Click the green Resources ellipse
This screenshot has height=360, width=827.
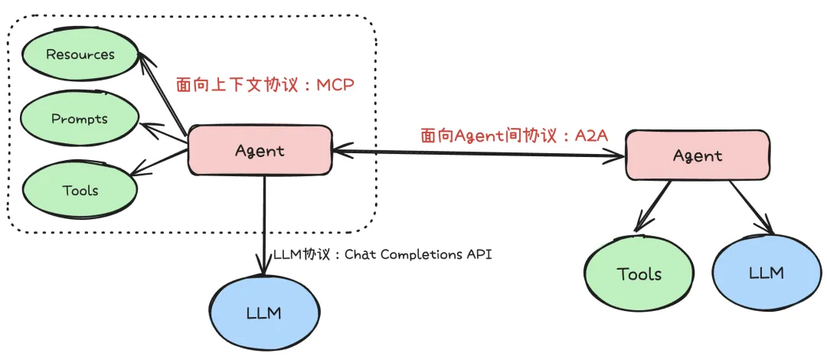click(x=80, y=55)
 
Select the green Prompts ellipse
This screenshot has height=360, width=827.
click(x=80, y=119)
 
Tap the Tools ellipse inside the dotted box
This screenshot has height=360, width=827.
click(x=80, y=189)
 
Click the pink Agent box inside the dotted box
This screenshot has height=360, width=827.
click(x=260, y=150)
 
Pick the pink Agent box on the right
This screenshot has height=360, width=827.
click(x=698, y=155)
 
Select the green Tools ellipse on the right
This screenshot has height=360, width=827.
click(x=639, y=274)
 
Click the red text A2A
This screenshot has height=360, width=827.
click(x=593, y=136)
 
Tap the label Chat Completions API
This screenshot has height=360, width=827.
click(x=417, y=254)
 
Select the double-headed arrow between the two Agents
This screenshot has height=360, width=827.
click(x=479, y=154)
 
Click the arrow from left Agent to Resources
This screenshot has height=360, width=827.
click(x=162, y=93)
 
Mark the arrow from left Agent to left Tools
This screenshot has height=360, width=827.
click(x=161, y=162)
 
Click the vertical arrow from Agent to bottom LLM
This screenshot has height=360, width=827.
click(x=264, y=222)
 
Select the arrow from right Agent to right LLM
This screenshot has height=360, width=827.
click(x=750, y=208)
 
